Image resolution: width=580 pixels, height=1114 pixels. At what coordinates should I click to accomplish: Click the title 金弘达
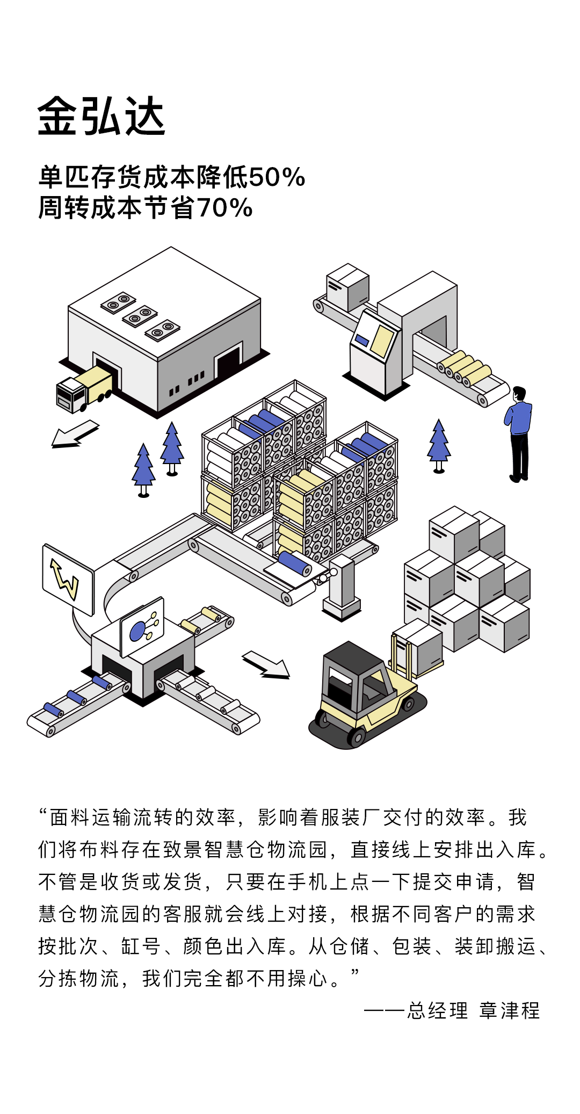click(101, 117)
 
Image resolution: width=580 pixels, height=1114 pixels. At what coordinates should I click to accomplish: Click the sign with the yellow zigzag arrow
click(68, 579)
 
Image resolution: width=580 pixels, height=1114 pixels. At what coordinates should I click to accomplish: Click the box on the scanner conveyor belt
click(347, 287)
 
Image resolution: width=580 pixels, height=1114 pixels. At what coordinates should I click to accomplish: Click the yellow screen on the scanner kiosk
click(383, 341)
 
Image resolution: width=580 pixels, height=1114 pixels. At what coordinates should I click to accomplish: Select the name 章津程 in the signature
click(509, 1010)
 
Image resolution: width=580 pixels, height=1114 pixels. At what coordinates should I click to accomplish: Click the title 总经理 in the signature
click(438, 1010)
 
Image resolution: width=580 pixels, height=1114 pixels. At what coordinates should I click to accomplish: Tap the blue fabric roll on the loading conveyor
click(294, 564)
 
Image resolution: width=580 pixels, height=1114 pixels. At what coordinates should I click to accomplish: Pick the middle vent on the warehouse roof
click(140, 316)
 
